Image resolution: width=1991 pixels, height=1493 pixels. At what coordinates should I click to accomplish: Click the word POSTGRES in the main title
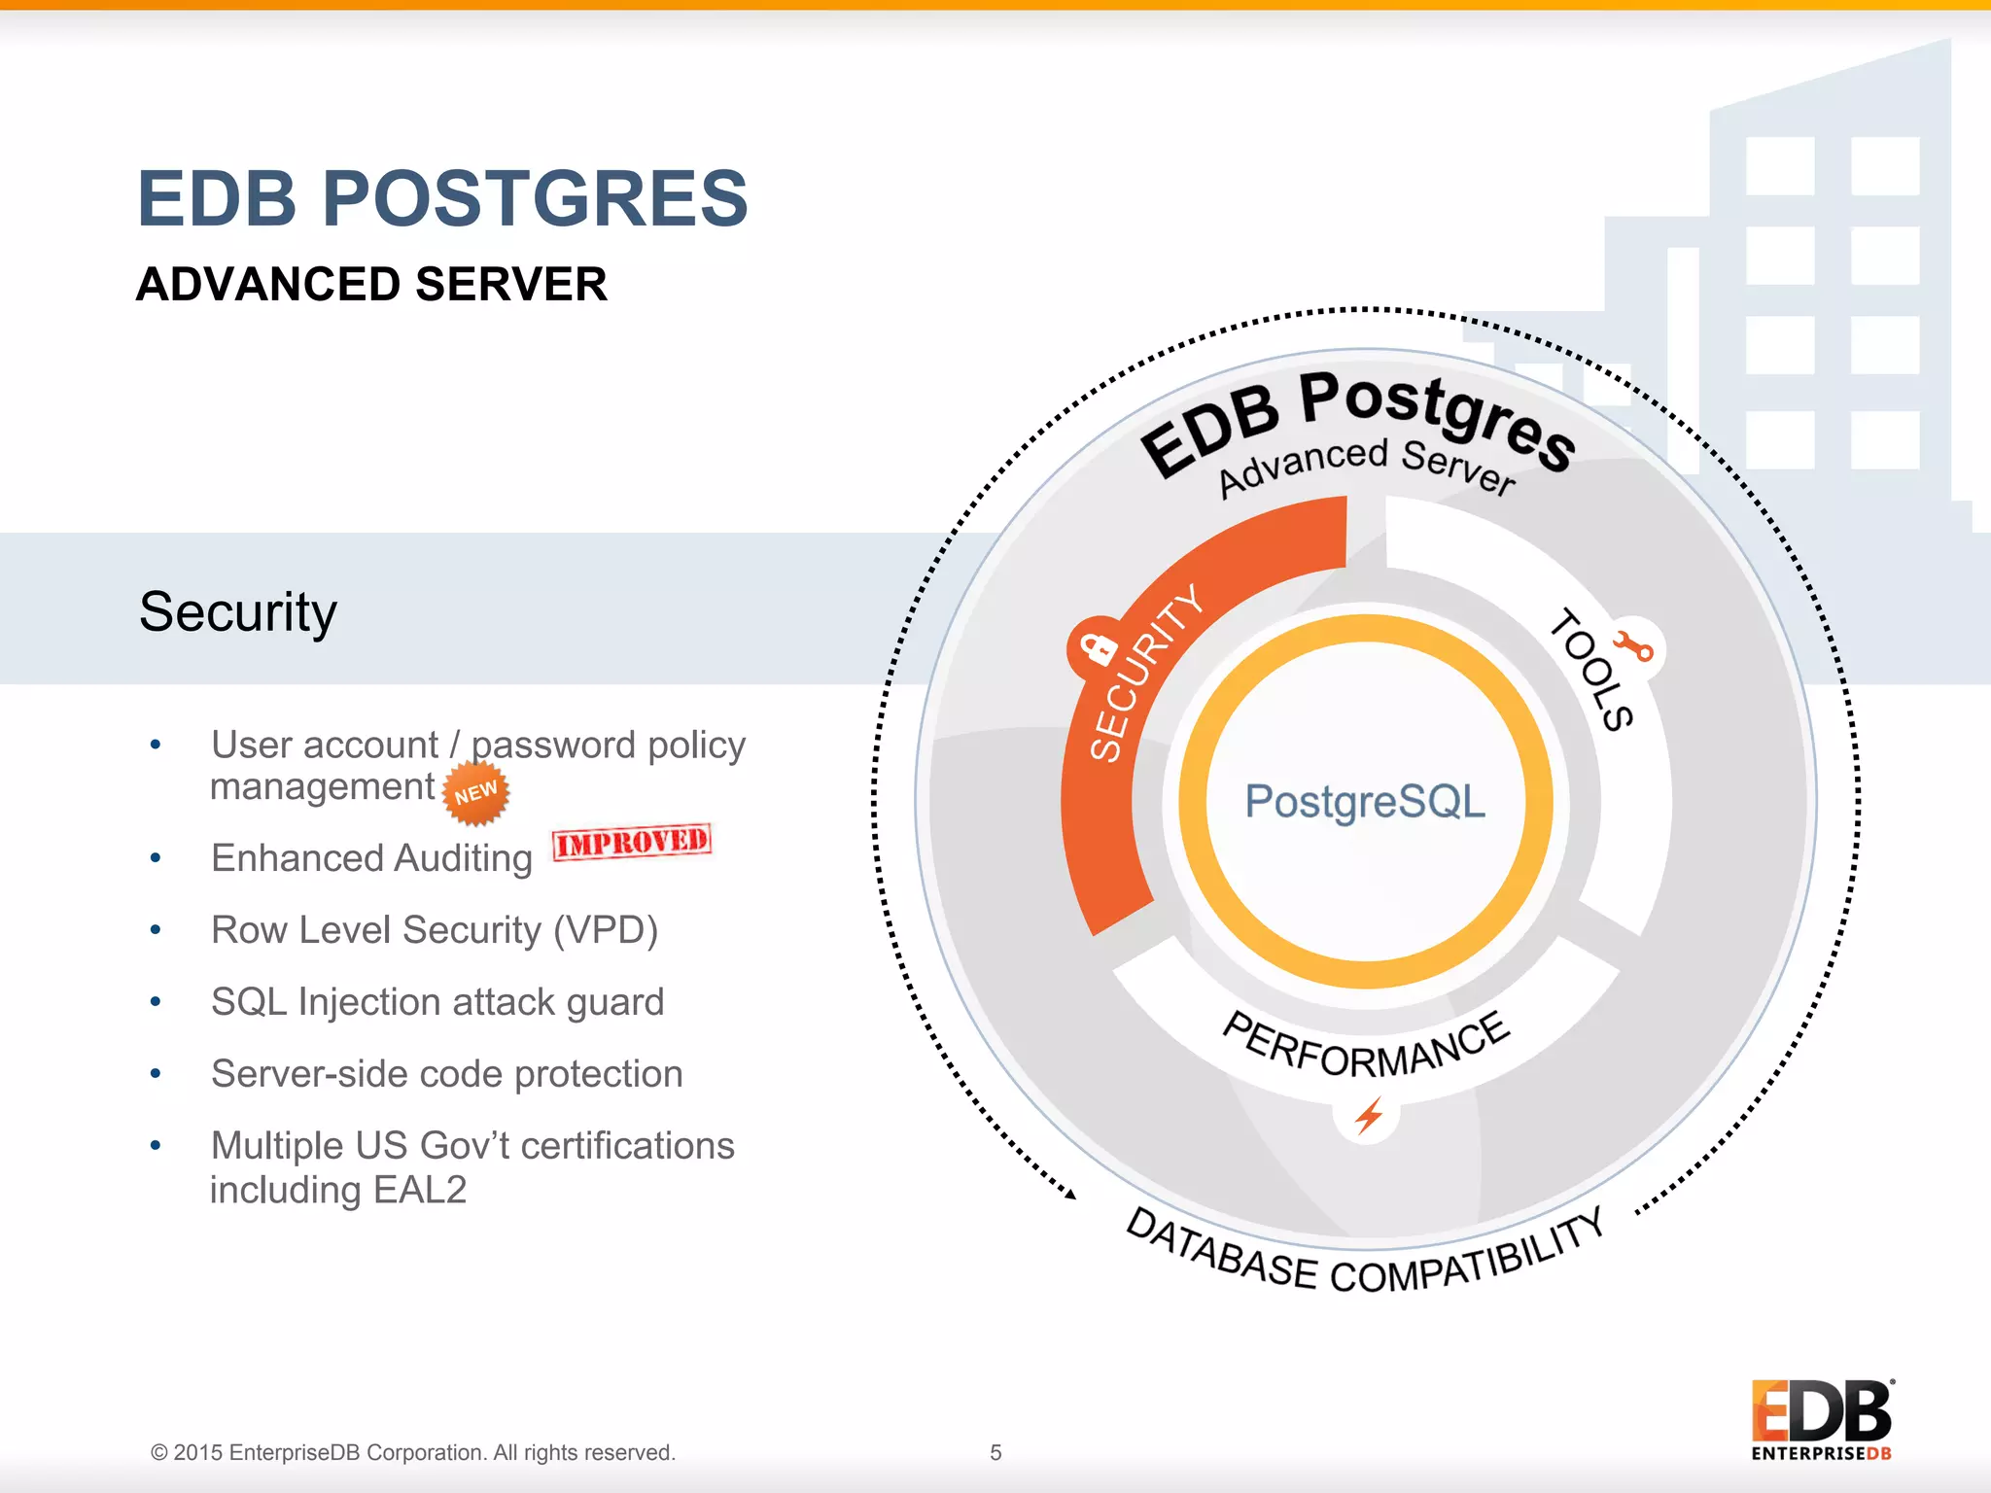click(535, 199)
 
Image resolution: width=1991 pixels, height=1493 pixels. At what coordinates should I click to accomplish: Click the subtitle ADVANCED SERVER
click(371, 285)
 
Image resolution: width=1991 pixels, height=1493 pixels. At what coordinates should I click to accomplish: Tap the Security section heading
click(238, 612)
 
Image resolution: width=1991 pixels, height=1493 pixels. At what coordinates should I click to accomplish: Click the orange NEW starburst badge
click(475, 793)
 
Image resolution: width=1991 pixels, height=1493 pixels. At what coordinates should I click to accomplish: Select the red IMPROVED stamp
click(632, 842)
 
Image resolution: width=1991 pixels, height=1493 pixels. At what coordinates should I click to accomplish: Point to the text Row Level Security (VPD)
click(435, 930)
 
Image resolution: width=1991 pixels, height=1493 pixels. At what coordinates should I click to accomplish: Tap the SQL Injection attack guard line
click(437, 1002)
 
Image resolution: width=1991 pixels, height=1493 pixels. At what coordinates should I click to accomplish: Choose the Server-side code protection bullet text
click(446, 1074)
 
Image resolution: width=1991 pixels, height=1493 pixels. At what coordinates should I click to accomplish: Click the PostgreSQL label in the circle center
click(1365, 802)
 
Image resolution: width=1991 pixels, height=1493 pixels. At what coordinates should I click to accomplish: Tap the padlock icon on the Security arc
click(1100, 648)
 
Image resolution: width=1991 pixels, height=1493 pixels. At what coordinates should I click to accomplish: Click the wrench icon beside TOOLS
click(1633, 646)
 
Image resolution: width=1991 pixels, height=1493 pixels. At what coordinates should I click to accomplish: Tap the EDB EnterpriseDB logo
click(1821, 1419)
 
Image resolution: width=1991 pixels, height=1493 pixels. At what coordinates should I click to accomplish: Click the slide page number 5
click(995, 1453)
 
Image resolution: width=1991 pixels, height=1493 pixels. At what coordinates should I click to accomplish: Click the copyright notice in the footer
click(413, 1453)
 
